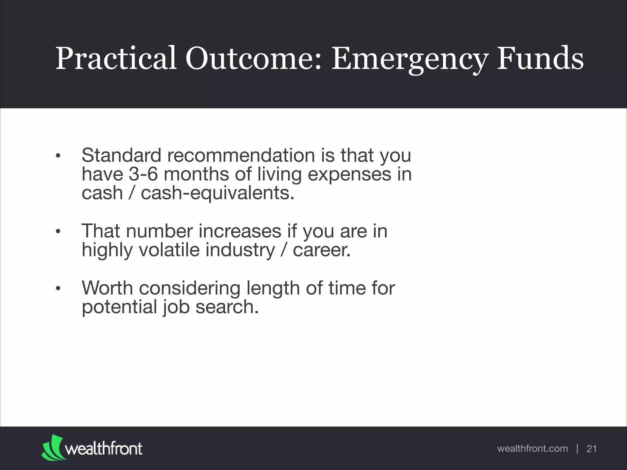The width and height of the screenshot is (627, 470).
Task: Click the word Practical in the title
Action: pos(116,58)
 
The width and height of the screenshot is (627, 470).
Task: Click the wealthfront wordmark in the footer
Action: pos(103,449)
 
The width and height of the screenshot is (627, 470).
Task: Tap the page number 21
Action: pos(591,449)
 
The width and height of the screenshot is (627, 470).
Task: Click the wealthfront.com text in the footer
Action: pos(532,449)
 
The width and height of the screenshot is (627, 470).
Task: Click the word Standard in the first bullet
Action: pos(121,155)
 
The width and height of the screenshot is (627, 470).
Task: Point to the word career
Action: pos(321,250)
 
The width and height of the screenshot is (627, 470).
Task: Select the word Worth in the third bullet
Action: pos(107,288)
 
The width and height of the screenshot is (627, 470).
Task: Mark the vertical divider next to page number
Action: pos(577,449)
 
